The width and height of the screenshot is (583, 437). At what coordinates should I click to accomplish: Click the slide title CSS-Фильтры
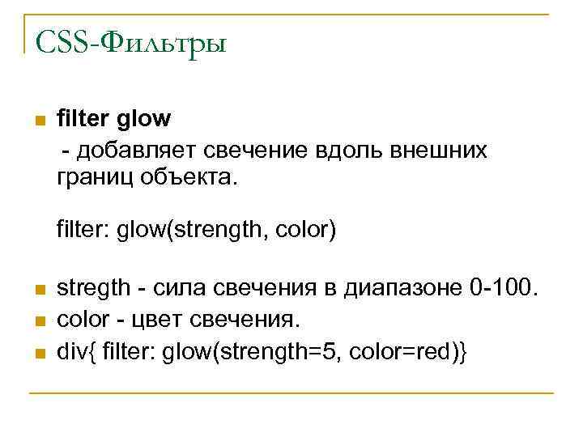130,40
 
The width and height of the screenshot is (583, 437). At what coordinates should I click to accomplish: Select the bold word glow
144,119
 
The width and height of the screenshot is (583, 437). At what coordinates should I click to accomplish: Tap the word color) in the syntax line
304,232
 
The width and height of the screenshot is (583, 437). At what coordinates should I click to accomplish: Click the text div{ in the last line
70,351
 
